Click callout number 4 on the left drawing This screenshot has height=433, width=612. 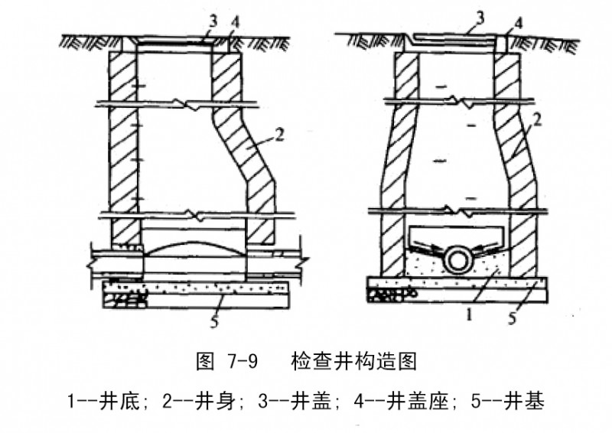tap(235, 23)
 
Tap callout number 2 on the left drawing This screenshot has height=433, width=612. tap(280, 135)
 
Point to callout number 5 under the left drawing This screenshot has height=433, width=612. tap(214, 321)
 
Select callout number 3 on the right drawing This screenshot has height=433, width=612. tap(480, 18)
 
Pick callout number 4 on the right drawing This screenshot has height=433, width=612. tap(519, 24)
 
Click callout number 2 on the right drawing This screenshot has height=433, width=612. tap(538, 119)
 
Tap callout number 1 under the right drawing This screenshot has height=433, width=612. tap(470, 314)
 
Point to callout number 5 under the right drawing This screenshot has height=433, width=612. tap(513, 317)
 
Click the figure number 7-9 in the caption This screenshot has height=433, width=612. tap(242, 361)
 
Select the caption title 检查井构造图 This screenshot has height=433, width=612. tap(354, 361)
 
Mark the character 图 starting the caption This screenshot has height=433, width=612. tap(205, 361)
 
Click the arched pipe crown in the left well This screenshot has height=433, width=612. tap(195, 248)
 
